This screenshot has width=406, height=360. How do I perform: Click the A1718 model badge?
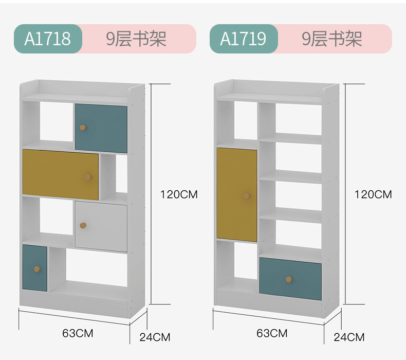(47, 39)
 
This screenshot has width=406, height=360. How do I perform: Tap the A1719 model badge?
(243, 39)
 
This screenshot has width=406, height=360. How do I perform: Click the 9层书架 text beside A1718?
(136, 39)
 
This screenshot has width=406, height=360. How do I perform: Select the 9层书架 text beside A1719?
(331, 39)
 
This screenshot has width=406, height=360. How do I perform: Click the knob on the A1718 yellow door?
(88, 177)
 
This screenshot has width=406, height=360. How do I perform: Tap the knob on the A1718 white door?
(83, 225)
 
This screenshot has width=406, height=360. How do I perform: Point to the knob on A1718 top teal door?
(82, 127)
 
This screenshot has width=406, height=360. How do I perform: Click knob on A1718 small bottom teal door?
(36, 269)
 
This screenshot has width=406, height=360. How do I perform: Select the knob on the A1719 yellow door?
(247, 196)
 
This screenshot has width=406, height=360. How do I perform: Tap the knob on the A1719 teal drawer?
(289, 279)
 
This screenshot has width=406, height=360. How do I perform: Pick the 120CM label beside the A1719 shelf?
(373, 194)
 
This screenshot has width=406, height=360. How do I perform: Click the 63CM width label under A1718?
(75, 333)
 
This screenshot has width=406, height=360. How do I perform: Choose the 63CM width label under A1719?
(272, 333)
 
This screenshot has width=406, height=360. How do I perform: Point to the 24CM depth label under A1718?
(155, 337)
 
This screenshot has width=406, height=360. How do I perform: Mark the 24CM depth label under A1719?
(349, 337)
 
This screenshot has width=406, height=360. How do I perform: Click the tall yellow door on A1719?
(236, 194)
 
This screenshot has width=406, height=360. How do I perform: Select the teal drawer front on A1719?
(290, 279)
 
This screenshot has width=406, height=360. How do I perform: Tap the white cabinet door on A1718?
(101, 226)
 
